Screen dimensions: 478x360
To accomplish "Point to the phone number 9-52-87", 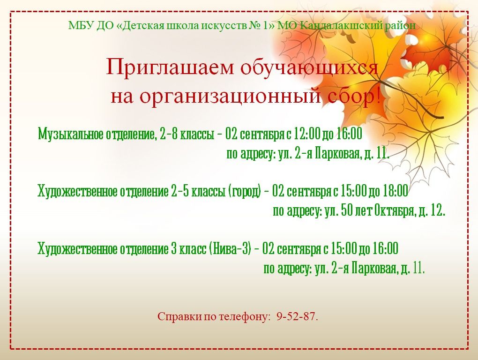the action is pos(297,316).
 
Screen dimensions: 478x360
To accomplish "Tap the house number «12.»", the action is pos(438,210).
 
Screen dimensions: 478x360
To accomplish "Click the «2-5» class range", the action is pos(180,191).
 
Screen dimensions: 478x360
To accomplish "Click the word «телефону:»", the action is pos(245,317).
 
